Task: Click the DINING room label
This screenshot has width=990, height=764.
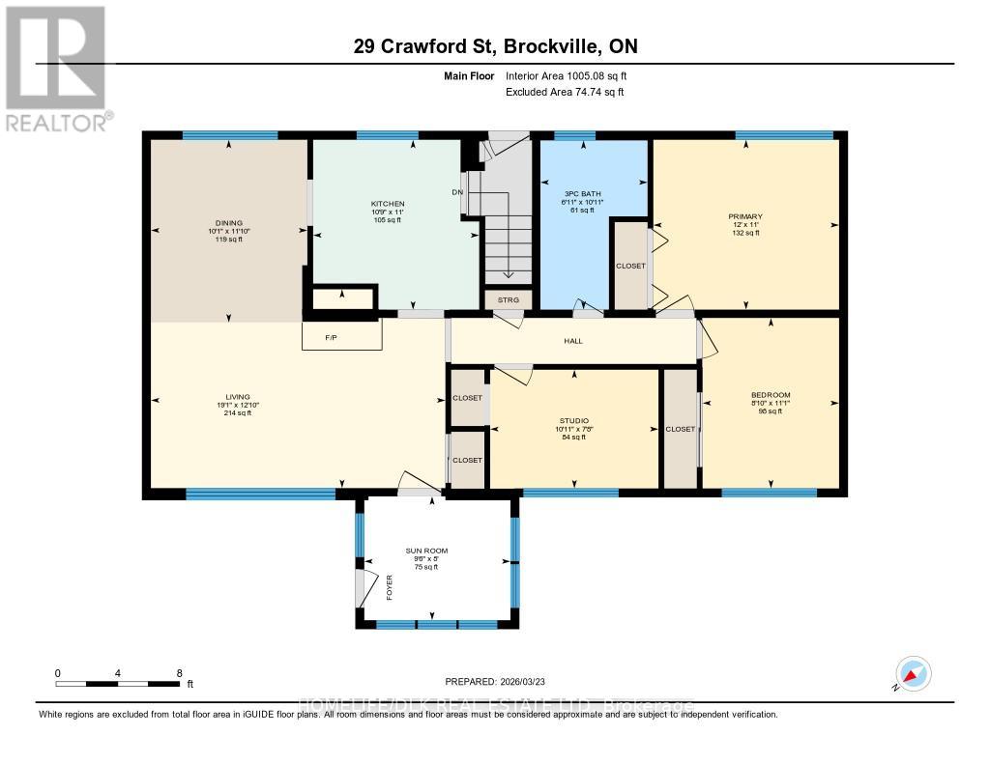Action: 229,222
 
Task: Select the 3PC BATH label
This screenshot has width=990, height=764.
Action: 584,194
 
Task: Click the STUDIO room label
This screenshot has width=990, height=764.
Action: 573,421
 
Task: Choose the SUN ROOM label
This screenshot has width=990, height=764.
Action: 426,551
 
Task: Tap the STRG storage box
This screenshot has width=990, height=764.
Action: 509,300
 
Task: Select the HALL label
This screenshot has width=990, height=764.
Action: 573,341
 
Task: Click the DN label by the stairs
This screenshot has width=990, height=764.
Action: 457,192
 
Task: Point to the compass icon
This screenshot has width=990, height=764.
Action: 913,673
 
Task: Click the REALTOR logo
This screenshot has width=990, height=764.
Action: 56,68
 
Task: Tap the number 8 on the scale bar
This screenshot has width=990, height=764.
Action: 179,672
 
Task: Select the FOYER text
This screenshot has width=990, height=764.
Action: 390,587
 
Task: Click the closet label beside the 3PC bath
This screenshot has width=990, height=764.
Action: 630,266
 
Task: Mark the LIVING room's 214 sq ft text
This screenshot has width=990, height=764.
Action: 238,412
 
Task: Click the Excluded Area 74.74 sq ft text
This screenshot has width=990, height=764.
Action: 565,92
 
